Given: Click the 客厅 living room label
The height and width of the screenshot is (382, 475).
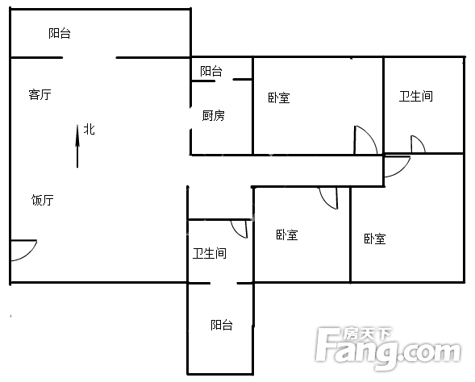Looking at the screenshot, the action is (40, 94).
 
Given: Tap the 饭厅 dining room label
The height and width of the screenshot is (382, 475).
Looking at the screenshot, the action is (43, 200).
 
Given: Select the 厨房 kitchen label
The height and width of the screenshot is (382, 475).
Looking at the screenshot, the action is (213, 115).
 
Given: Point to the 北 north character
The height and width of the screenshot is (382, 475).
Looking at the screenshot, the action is (90, 129).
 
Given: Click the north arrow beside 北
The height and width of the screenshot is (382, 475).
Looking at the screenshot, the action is (77, 146).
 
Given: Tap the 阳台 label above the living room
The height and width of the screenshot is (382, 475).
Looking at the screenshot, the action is (60, 33).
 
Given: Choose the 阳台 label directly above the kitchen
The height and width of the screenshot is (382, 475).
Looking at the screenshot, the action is (211, 71).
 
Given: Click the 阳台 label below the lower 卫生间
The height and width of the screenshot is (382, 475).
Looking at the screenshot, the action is (222, 325).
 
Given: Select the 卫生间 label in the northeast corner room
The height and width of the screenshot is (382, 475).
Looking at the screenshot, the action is (415, 96).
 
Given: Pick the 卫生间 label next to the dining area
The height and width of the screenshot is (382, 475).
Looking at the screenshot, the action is (210, 253).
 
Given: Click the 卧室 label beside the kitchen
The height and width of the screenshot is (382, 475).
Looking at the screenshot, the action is (279, 98).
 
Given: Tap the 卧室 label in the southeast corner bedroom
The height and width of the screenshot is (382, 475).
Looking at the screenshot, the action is (375, 239).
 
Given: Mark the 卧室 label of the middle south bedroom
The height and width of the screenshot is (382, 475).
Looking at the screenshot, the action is (287, 235).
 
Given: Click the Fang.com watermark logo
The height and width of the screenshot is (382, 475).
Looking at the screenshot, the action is (388, 348).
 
